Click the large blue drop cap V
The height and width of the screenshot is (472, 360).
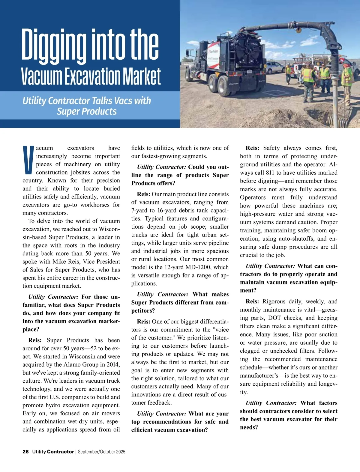click(28, 160)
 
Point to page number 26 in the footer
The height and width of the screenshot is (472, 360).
click(25, 452)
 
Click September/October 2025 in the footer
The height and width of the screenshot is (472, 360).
click(102, 452)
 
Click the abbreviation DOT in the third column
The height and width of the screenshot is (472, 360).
click(274, 318)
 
